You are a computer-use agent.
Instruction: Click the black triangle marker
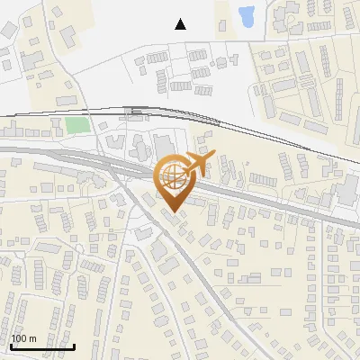tap(181, 24)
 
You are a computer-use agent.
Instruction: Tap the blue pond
tap(246, 15)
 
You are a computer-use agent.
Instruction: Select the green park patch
tap(77, 125)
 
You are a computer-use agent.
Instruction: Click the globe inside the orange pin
tap(172, 175)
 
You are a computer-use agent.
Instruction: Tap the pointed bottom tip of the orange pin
tap(172, 212)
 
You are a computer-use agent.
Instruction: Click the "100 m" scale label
tap(23, 338)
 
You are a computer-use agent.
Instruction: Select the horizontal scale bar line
tap(42, 346)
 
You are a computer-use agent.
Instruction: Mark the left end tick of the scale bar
tap(11, 346)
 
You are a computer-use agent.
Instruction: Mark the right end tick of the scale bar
tap(74, 346)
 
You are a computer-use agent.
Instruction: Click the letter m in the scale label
tap(32, 338)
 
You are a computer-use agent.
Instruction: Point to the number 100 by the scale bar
tap(20, 338)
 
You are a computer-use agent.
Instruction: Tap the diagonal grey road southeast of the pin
tap(202, 270)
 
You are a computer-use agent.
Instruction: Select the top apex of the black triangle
tap(181, 19)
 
